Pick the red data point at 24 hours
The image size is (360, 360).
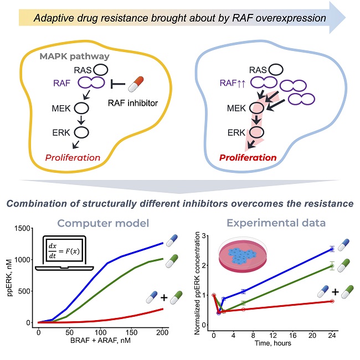tap(331, 301)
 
